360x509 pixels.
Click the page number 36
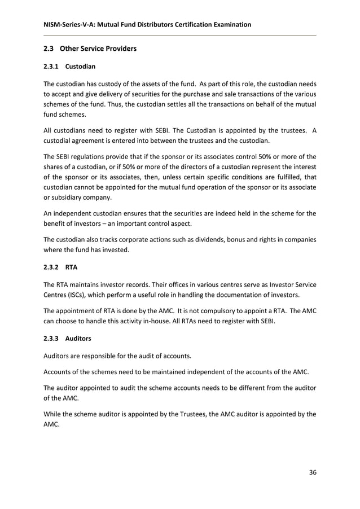[313, 472]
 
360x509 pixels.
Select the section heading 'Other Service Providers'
[98, 49]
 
